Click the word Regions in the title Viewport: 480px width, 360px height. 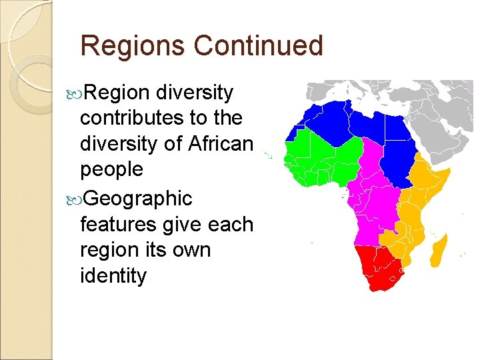pyautogui.click(x=133, y=46)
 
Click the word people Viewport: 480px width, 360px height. pyautogui.click(x=111, y=170)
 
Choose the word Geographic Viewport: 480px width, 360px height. pyautogui.click(x=139, y=198)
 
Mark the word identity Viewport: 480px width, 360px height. pyautogui.click(x=113, y=276)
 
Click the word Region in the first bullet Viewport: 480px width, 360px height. pyautogui.click(x=117, y=93)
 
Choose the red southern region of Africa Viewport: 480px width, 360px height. pyautogui.click(x=377, y=267)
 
